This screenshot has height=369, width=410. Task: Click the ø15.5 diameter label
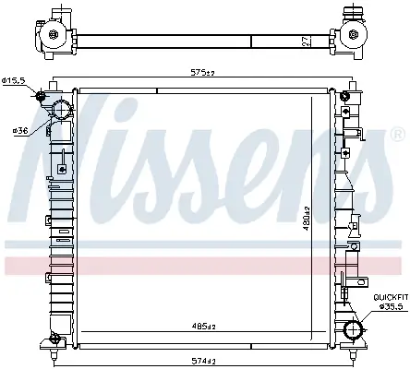pyautogui.click(x=16, y=81)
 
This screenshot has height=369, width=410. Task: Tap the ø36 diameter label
pyautogui.click(x=18, y=130)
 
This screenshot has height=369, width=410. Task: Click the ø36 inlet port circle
pyautogui.click(x=62, y=111)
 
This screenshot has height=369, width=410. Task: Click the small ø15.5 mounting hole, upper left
pyautogui.click(x=42, y=96)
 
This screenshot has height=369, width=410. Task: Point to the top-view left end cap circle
pyautogui.click(x=53, y=38)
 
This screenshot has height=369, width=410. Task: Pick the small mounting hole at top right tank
pyautogui.click(x=345, y=96)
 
